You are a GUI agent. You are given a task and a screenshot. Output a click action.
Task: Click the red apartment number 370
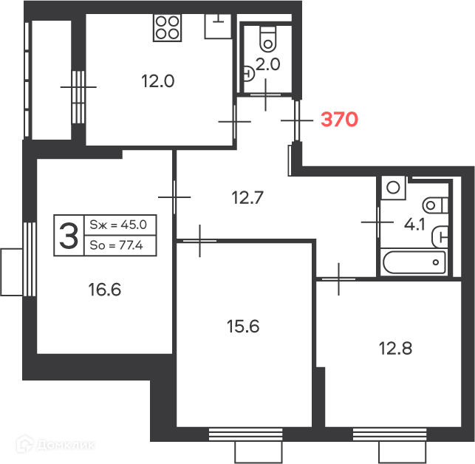pos(339,119)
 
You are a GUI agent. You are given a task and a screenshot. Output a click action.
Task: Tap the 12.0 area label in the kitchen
pos(158,81)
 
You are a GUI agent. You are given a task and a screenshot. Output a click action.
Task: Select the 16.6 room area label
pos(105,289)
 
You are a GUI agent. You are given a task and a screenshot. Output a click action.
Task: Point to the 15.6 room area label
pos(243,327)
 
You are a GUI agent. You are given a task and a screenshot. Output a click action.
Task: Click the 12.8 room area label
pos(395,348)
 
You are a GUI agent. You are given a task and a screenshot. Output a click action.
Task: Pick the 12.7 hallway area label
pos(247,197)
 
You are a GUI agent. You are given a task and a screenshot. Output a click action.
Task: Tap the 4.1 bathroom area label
pos(414,225)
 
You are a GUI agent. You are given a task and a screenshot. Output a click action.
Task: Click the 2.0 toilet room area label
pos(268,64)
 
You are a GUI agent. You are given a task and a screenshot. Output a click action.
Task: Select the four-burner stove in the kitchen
pos(167,27)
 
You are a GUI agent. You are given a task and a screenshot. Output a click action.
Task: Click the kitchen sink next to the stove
pos(218,26)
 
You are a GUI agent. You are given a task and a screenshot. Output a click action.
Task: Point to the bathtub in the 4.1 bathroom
pos(414,262)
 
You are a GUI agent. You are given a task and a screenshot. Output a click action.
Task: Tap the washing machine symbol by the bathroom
pos(393,187)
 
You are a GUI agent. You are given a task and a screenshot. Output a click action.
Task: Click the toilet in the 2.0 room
pos(268,39)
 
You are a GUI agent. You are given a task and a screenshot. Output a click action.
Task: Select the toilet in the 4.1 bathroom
pos(435,205)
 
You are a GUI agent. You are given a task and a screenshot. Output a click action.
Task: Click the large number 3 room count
pos(69,235)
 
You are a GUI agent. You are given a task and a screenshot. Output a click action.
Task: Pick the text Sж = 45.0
pos(118,225)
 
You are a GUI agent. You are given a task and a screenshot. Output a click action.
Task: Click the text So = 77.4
pos(116,245)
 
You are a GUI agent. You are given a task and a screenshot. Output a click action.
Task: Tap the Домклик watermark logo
pos(55,445)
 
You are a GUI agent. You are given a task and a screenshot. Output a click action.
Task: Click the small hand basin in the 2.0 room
pos(249,73)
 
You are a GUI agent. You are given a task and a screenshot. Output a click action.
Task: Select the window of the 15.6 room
pos(246,434)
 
